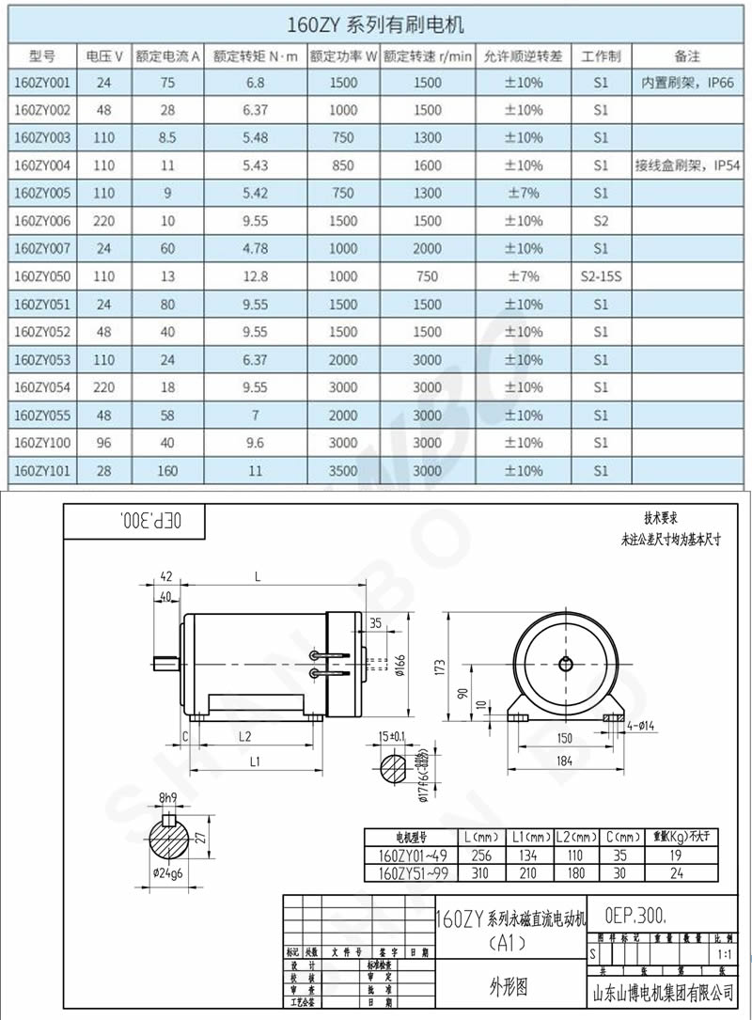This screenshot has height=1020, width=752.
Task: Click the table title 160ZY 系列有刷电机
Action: (376, 22)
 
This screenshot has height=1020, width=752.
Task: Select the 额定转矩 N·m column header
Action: (255, 56)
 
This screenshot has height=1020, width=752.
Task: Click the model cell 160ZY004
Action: (43, 165)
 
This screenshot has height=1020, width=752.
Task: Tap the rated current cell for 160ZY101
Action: (168, 471)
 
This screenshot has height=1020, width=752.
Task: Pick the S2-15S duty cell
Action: (602, 276)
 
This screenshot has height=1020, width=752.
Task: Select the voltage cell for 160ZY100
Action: (103, 443)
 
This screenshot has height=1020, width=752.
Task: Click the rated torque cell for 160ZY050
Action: (255, 276)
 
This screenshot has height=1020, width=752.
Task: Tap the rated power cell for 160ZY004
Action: (343, 165)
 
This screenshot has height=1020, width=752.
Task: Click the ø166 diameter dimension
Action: (399, 665)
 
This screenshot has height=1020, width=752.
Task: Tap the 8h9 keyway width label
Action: (168, 798)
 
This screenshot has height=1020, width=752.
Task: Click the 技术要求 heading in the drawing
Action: (660, 518)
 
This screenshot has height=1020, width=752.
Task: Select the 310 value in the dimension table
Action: (480, 873)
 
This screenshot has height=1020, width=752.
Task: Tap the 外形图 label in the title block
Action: (509, 986)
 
